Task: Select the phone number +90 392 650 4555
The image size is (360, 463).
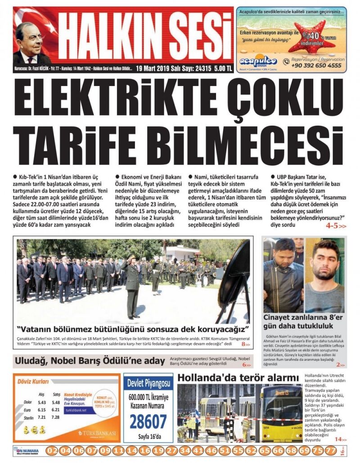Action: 316,65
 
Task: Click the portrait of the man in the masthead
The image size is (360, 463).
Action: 32,43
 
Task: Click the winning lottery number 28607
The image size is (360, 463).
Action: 148,422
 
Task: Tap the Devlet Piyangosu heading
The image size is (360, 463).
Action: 148,383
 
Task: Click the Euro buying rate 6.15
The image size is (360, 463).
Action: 42,410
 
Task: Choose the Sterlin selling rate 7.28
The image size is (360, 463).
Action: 56,418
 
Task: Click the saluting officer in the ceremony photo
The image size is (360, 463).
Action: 132,284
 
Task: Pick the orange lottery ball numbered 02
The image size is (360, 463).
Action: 52,450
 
